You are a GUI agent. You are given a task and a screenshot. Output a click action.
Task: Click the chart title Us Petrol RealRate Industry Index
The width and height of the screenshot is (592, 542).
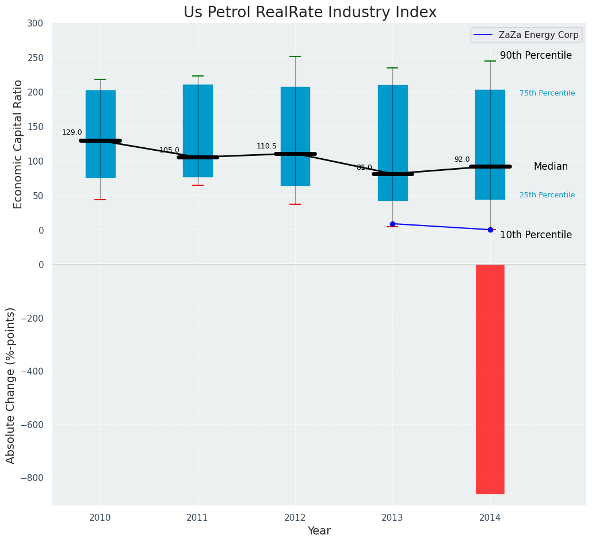point(310,13)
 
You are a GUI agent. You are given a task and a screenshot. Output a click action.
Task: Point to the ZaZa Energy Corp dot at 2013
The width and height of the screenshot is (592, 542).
point(392,224)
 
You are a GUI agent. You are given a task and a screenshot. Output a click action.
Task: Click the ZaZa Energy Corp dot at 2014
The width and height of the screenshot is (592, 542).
point(490,230)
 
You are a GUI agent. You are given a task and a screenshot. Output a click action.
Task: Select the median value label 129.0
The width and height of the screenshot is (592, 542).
point(72,132)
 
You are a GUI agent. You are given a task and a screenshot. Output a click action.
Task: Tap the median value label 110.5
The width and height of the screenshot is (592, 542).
point(266,146)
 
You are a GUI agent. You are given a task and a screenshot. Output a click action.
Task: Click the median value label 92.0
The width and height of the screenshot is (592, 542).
point(462,159)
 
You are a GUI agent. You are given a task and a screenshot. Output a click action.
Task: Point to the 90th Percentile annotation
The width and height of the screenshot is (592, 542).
point(536,56)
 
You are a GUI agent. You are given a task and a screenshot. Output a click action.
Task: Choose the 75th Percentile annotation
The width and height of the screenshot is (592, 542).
point(547,93)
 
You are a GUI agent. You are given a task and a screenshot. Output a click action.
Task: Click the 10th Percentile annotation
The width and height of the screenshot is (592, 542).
point(536,235)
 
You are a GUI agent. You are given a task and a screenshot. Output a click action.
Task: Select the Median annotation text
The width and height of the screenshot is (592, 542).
point(551,166)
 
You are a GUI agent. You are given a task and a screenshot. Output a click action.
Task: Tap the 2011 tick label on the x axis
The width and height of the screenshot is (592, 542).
point(197,518)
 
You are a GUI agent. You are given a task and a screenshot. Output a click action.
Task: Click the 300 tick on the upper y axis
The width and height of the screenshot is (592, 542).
point(35,23)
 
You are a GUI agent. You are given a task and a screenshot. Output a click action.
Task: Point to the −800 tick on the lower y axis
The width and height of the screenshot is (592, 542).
point(32,478)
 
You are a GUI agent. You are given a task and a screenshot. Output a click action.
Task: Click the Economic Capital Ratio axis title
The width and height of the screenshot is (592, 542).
point(18,144)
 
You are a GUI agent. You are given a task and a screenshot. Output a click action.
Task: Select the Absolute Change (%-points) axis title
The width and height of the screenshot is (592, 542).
point(11,385)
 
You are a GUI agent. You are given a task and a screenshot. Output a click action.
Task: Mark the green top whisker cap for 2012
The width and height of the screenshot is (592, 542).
point(295,56)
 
